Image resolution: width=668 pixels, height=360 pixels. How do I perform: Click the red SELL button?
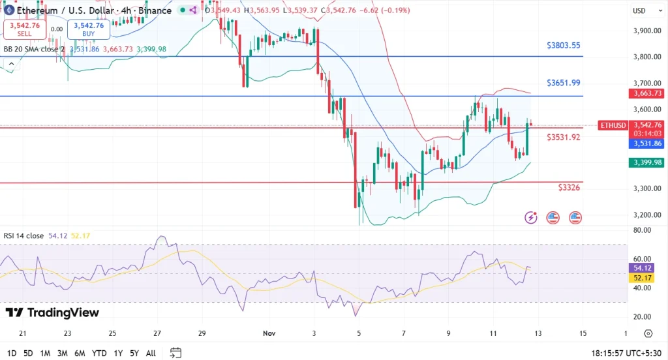[24, 29]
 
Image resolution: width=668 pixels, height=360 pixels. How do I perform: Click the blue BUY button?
[88, 29]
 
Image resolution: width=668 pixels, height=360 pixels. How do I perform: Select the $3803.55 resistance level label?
[564, 46]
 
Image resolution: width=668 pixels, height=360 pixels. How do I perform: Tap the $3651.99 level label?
[564, 83]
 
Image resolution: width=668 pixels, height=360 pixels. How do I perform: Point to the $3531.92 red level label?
[564, 138]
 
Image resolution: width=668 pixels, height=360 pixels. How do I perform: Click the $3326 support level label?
[569, 187]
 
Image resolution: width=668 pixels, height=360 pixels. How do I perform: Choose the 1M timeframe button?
[46, 353]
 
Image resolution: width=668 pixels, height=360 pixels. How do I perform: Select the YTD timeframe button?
[100, 353]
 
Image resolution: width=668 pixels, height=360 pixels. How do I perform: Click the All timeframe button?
[150, 353]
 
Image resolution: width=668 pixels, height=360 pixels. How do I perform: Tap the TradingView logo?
[52, 313]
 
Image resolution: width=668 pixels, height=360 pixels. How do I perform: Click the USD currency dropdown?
[639, 10]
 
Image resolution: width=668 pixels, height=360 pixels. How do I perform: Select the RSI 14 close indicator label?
[23, 235]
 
